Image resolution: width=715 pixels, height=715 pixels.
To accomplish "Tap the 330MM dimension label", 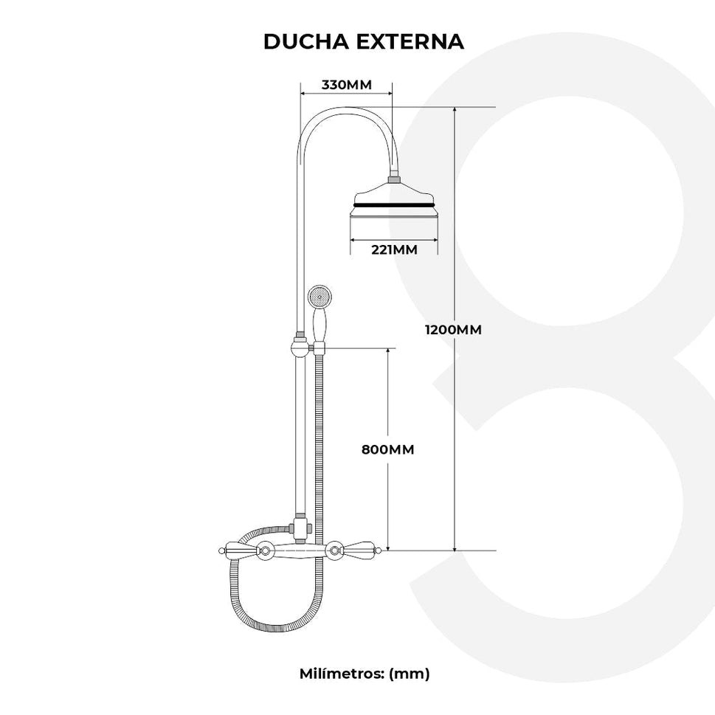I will click(x=346, y=84).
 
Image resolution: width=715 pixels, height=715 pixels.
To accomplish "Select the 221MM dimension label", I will click(x=393, y=249).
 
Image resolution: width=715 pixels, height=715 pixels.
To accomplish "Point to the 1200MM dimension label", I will click(x=453, y=330).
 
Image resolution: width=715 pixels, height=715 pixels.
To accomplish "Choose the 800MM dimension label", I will click(x=387, y=449).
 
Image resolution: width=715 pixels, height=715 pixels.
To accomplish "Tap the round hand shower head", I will click(x=318, y=297).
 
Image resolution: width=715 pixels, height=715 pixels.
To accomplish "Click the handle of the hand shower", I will click(x=319, y=325).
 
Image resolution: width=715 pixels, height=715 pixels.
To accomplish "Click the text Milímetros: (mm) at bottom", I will click(x=365, y=673).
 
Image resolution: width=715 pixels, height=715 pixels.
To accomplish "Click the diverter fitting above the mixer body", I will click(x=300, y=528).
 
